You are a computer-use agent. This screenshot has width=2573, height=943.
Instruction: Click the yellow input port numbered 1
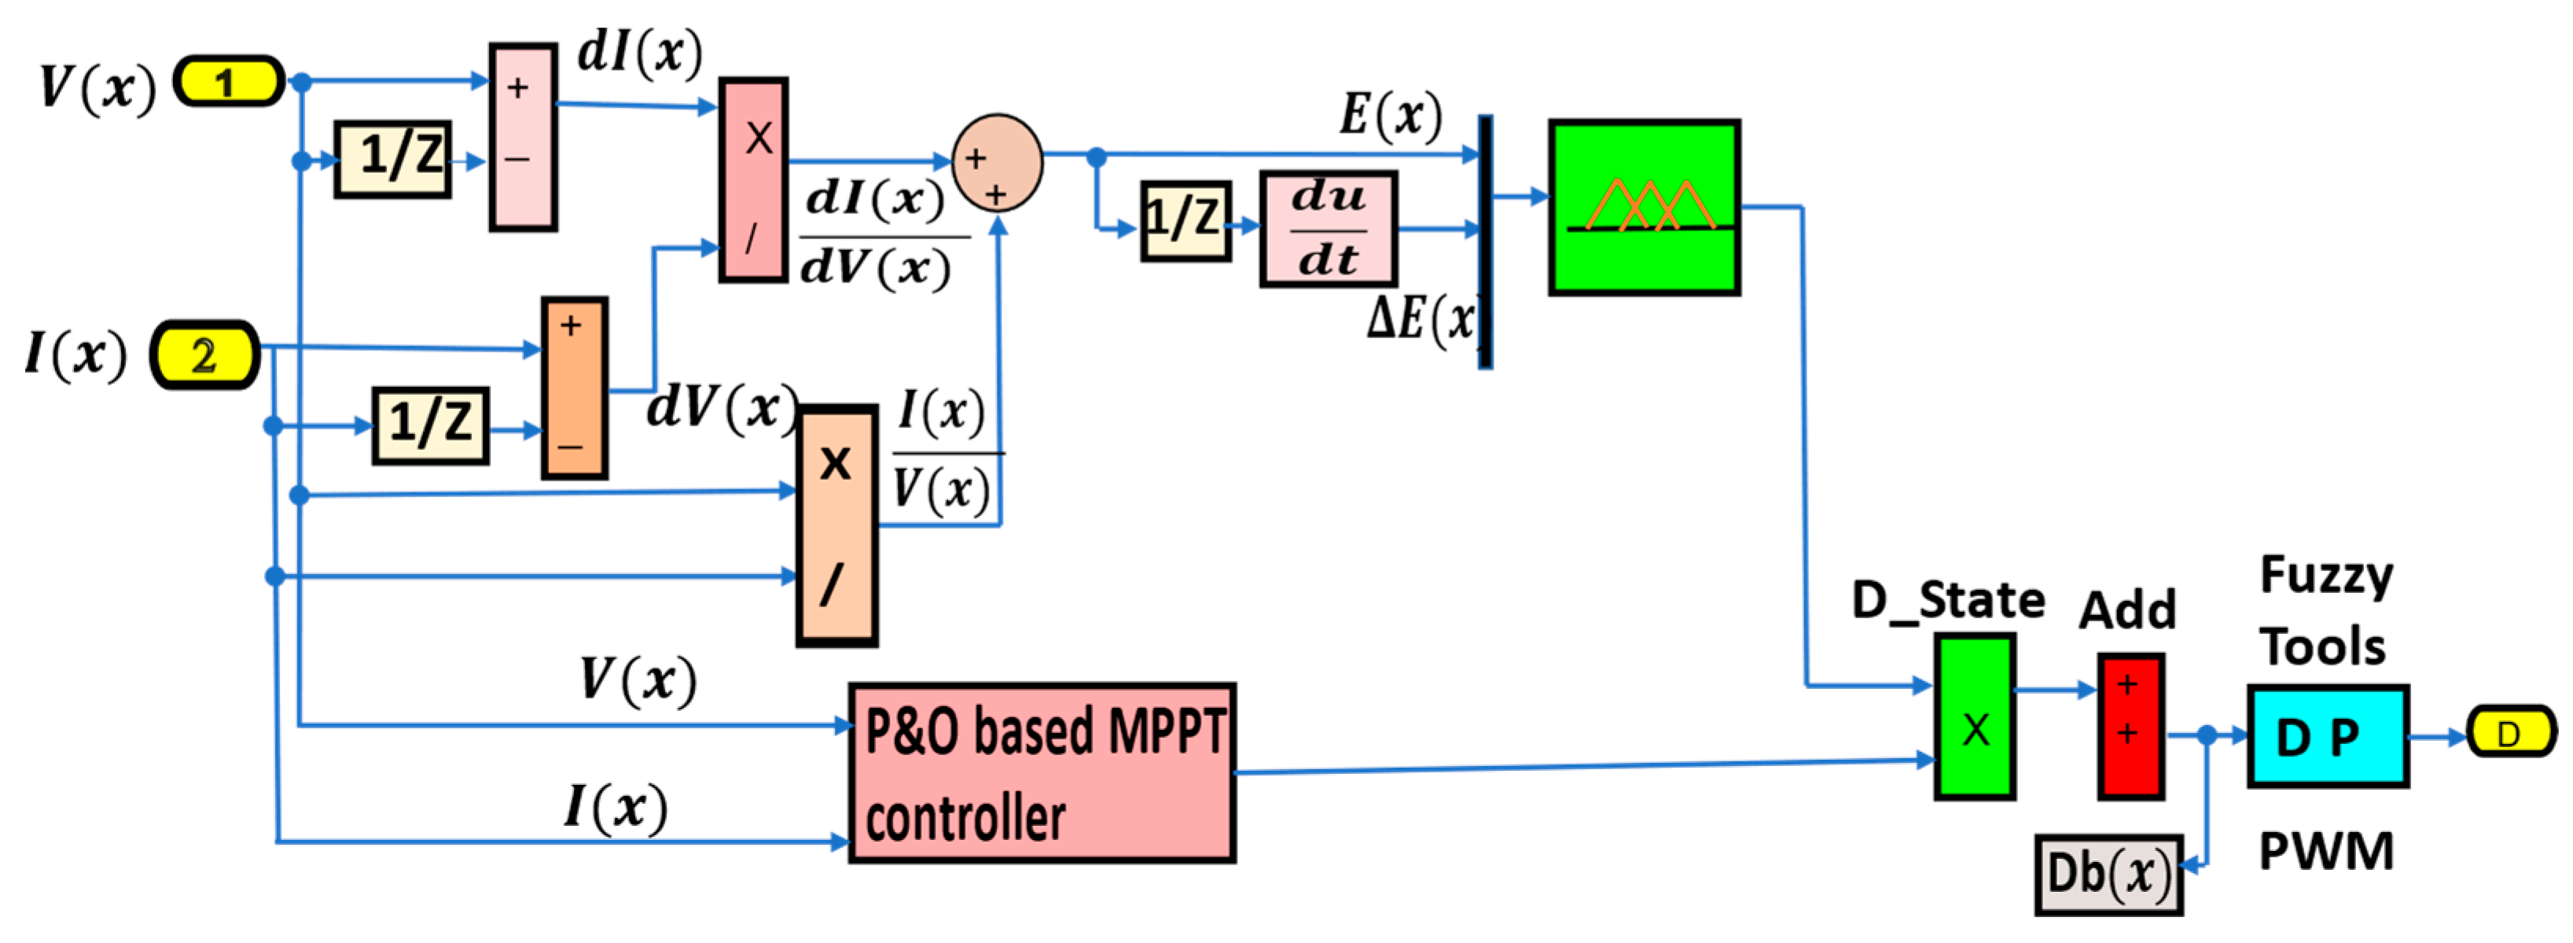coord(229,81)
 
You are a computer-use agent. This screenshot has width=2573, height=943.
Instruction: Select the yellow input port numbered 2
coord(204,355)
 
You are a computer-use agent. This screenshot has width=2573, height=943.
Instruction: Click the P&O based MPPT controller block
coord(1042,772)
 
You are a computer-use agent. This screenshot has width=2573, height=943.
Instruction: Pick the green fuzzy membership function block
coord(1644,208)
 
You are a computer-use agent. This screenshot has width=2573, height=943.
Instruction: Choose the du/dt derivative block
coord(1328,229)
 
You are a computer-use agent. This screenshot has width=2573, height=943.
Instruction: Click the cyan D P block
coord(2327,736)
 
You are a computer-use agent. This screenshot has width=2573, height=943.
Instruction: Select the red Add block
coord(2130,726)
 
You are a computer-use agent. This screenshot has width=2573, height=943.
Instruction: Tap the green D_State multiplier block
coord(1974,716)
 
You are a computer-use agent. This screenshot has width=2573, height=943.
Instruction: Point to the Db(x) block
coord(2108,874)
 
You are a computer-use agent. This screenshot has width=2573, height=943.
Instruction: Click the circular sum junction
coord(997,163)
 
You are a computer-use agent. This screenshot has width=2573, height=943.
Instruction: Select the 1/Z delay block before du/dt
coord(1185,221)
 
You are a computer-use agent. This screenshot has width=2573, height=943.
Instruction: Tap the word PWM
coord(2326,851)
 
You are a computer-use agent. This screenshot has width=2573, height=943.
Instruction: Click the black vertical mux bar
coord(1485,241)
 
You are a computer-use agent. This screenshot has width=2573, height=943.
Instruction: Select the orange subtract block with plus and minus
coord(575,388)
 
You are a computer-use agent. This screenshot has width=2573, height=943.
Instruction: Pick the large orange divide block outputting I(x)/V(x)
coord(837,525)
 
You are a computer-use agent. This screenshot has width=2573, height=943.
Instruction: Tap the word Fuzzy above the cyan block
coord(2326,576)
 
